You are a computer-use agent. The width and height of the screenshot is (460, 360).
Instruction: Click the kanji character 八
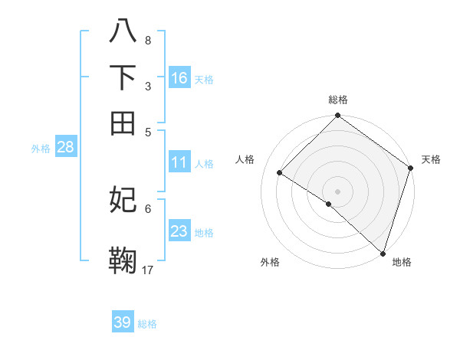click(123, 32)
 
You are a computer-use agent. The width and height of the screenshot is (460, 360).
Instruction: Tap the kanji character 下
click(123, 77)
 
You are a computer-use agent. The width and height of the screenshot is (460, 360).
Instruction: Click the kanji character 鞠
click(123, 260)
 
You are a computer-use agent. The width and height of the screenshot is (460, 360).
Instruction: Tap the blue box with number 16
click(179, 78)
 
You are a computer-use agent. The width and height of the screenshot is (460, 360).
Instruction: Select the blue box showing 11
click(179, 162)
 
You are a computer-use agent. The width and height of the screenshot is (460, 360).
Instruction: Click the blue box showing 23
click(179, 231)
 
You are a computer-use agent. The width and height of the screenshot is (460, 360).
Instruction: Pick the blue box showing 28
click(65, 148)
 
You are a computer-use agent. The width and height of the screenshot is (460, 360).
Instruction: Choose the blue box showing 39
click(123, 322)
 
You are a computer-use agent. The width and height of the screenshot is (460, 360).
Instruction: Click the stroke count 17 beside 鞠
click(148, 269)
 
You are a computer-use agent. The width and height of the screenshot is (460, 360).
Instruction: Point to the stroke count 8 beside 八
click(147, 40)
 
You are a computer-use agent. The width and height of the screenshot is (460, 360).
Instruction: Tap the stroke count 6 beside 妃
click(147, 208)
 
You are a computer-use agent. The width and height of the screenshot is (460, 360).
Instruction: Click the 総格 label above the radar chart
click(337, 100)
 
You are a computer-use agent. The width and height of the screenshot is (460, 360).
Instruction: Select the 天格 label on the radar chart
click(431, 159)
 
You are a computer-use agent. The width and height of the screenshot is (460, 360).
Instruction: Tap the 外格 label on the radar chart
click(270, 262)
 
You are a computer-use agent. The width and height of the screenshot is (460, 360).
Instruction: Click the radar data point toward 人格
click(280, 173)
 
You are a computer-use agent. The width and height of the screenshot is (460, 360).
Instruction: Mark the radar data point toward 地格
click(383, 253)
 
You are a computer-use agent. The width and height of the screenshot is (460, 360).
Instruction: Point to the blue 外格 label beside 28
click(41, 149)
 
